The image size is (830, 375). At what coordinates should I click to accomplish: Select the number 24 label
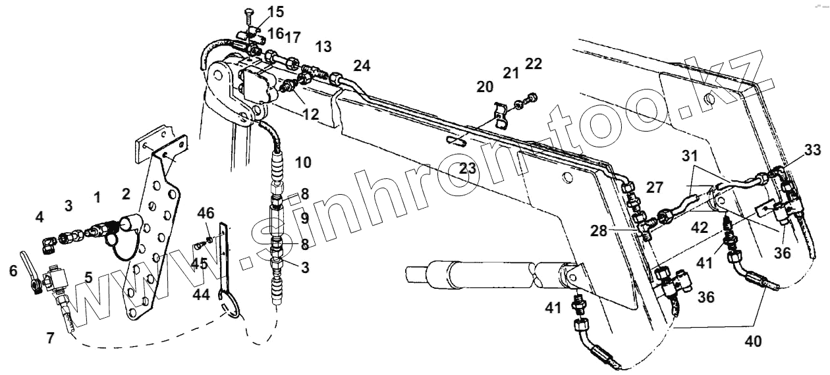coord(362,65)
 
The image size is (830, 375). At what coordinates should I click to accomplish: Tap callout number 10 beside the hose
coord(303,162)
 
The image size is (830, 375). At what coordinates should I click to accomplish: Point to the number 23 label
coord(468,168)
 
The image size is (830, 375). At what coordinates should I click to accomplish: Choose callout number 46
coord(206,214)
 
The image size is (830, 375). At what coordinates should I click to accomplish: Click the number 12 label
coord(310,114)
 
